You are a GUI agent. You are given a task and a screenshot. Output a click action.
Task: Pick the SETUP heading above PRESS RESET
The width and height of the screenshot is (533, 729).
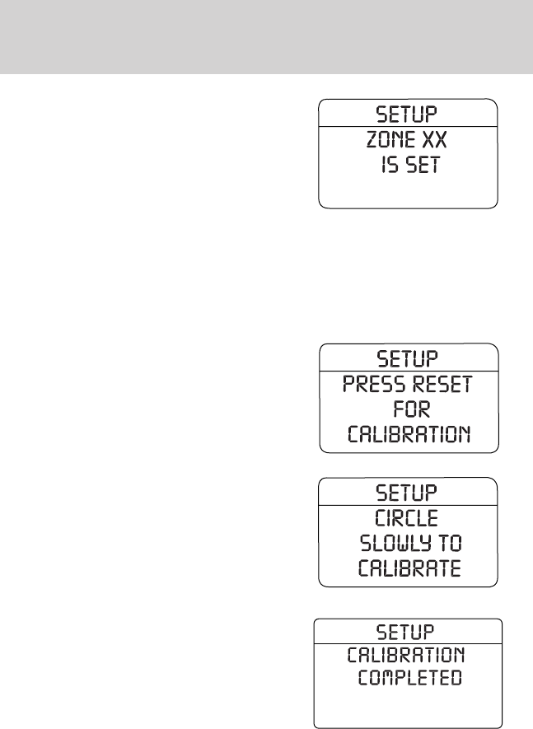pyautogui.click(x=408, y=358)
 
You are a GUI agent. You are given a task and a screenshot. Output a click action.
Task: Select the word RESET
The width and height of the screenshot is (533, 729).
pyautogui.click(x=441, y=385)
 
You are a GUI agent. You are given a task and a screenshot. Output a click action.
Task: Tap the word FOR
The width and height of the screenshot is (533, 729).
pyautogui.click(x=408, y=409)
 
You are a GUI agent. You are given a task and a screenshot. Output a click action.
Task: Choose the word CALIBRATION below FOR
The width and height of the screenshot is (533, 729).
pyautogui.click(x=409, y=435)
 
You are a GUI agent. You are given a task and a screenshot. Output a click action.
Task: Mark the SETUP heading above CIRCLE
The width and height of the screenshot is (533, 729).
pyautogui.click(x=408, y=494)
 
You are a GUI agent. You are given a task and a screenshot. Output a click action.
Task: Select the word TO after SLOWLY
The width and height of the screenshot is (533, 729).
pyautogui.click(x=451, y=545)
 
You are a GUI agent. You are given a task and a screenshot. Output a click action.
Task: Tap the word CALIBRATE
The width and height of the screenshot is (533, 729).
pyautogui.click(x=409, y=570)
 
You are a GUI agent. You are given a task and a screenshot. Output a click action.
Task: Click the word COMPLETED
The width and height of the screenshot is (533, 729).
pyautogui.click(x=409, y=680)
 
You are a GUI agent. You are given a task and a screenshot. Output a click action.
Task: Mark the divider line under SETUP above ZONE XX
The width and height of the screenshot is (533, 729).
pyautogui.click(x=408, y=124)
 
